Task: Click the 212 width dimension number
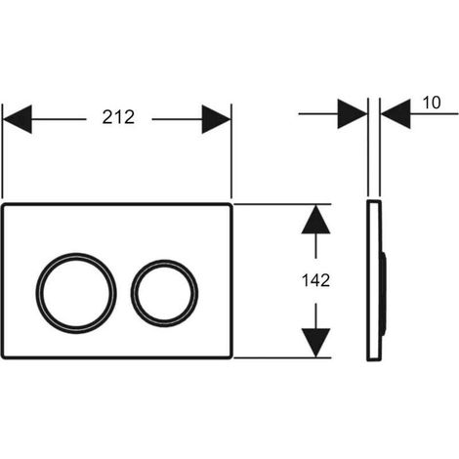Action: (118, 117)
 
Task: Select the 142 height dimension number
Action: (315, 280)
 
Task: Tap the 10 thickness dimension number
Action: (432, 103)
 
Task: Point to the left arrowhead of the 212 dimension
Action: (18, 119)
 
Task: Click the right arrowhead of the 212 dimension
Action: (216, 119)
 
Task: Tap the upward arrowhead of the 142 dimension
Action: (315, 219)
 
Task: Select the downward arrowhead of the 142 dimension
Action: (315, 343)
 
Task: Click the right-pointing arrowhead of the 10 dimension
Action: (353, 114)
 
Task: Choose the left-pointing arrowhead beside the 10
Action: (396, 114)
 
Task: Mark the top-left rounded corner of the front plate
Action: (4, 205)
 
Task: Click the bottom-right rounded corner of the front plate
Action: (230, 356)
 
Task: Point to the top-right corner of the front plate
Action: (230, 205)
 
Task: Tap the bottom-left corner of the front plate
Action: (4, 356)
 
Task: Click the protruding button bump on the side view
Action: (384, 293)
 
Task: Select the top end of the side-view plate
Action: (374, 200)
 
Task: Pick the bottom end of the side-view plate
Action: (374, 359)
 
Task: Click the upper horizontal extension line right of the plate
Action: (282, 204)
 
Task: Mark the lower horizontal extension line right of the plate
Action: (282, 357)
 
